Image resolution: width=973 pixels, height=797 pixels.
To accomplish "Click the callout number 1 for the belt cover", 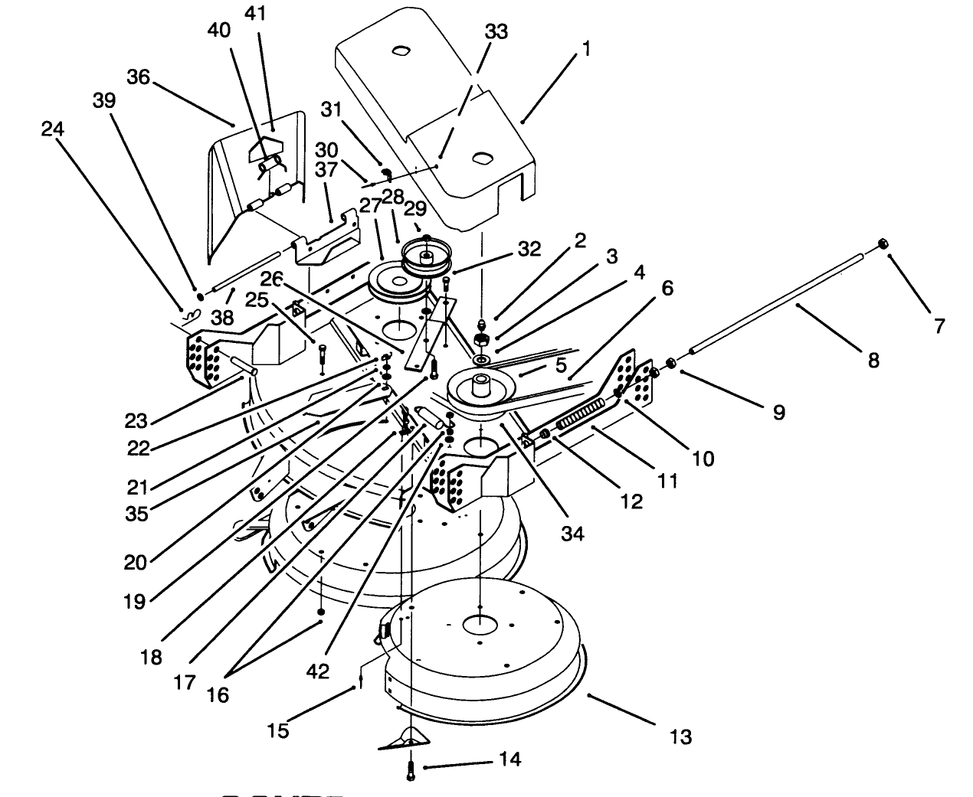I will click(x=586, y=50).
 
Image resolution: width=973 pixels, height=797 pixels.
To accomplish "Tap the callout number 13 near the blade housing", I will click(x=680, y=737).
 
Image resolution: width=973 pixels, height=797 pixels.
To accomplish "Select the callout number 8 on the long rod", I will click(x=873, y=359).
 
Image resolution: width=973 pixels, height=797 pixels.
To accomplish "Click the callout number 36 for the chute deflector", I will click(x=139, y=78).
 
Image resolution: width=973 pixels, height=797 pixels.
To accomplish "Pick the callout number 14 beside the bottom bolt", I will click(x=509, y=759).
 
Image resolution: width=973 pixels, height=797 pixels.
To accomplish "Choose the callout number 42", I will click(x=317, y=671).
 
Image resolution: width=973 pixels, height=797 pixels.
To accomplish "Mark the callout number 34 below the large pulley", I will click(x=572, y=534).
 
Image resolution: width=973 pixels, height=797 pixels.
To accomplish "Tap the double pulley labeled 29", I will click(x=426, y=256).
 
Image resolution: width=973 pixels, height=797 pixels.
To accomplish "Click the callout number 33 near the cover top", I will click(x=496, y=31).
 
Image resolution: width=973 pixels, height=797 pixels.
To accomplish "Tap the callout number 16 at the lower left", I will click(x=218, y=694).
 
